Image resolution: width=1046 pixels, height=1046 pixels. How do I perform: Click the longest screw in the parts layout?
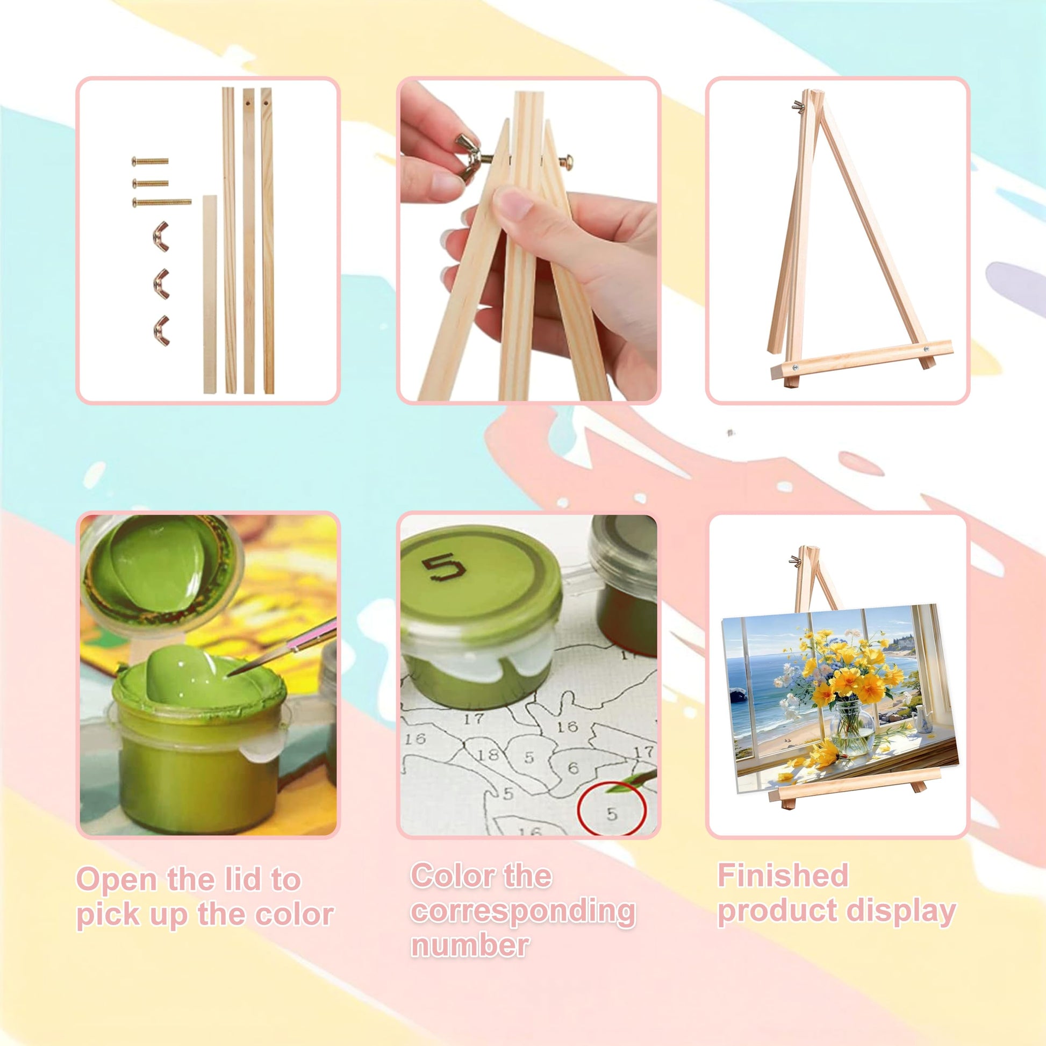[162, 203]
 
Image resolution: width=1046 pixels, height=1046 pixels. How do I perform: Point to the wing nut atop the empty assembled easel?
[798, 106]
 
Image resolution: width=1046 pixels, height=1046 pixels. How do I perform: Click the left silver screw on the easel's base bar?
[796, 368]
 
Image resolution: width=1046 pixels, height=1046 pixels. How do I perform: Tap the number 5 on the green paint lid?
[443, 568]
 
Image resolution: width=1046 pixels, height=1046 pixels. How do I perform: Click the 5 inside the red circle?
[612, 814]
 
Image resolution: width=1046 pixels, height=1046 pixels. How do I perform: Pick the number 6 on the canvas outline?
[574, 766]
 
